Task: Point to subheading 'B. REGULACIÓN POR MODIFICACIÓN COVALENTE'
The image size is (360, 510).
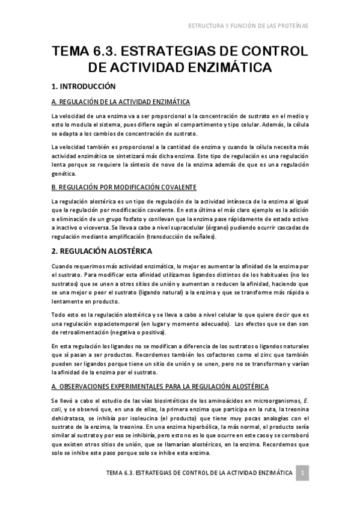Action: click(124, 188)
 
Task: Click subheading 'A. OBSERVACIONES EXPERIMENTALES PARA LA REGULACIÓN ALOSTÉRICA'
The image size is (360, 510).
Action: click(160, 386)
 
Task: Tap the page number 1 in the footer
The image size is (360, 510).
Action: click(304, 473)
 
